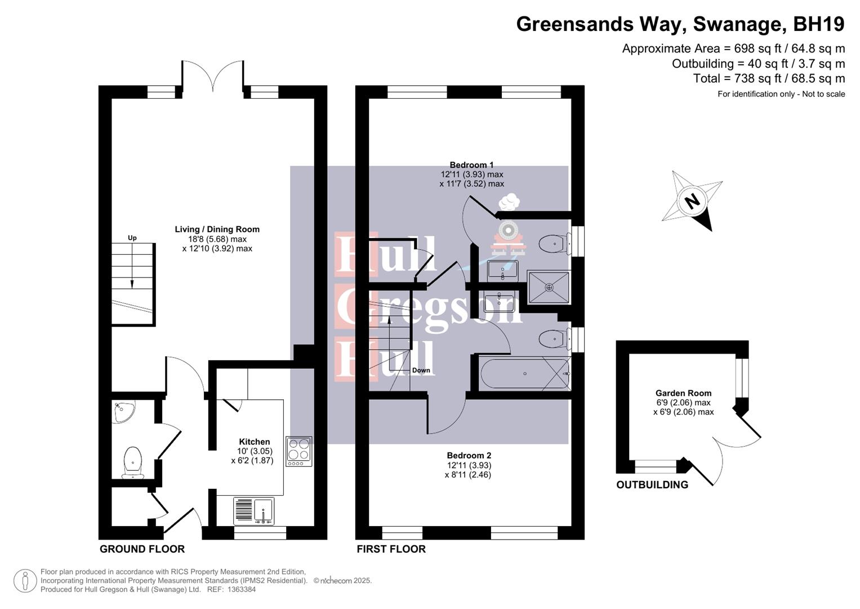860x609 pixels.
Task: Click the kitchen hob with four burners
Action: (298, 451)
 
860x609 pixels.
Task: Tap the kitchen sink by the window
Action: (254, 511)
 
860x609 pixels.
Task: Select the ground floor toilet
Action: (133, 462)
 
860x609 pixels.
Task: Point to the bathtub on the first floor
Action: (524, 373)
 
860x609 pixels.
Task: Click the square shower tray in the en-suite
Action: (549, 287)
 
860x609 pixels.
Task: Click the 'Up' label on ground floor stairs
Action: (132, 238)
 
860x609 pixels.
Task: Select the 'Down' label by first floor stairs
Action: (421, 370)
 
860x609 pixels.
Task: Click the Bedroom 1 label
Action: (471, 165)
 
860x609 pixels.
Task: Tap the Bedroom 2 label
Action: (469, 455)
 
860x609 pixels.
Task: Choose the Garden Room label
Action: (683, 393)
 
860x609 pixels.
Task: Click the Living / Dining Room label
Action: (217, 229)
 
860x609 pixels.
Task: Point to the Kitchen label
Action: (254, 442)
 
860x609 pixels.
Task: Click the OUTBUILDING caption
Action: (652, 485)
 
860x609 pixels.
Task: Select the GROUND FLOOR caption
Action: (142, 549)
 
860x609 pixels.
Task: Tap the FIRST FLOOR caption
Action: (391, 549)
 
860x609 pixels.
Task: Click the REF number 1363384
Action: (242, 589)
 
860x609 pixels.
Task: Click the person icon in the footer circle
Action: (25, 581)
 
